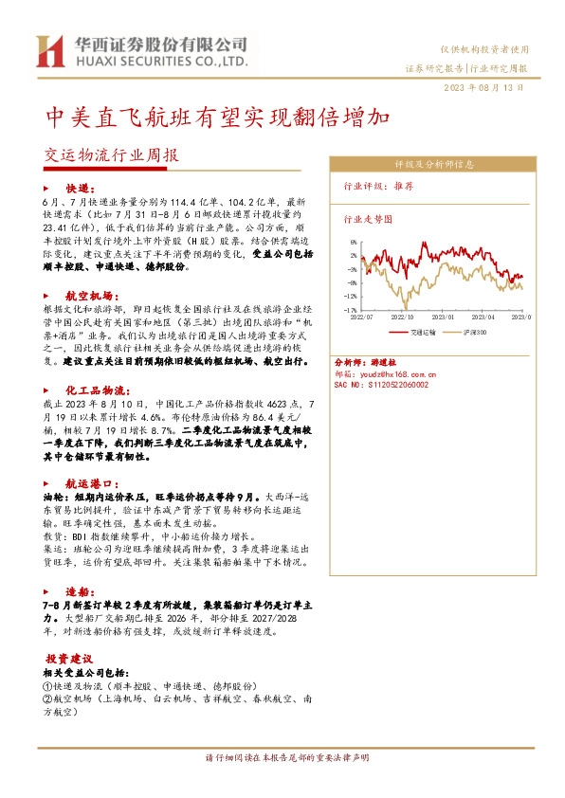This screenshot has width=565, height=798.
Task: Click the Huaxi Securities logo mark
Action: click(x=49, y=50)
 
